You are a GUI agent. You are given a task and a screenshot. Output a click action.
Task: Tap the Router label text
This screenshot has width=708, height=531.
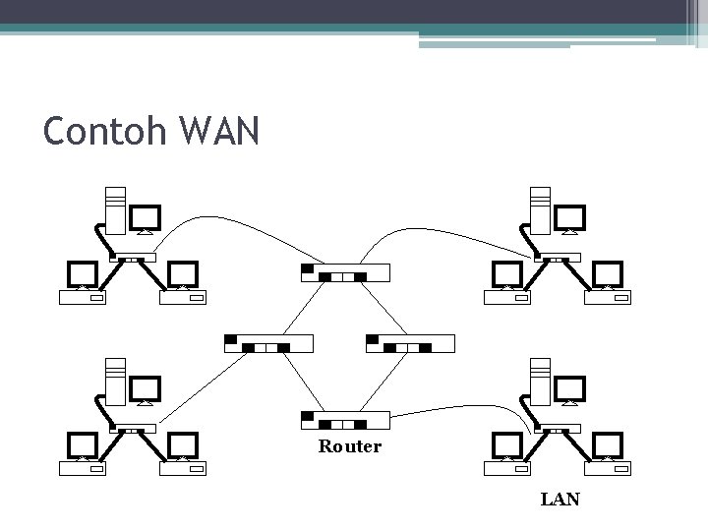349,446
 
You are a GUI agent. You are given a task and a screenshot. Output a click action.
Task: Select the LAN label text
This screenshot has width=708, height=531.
560,500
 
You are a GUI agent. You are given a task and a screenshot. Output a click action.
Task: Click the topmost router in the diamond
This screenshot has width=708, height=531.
344,272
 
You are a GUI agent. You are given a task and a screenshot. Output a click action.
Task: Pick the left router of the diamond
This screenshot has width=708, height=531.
268,343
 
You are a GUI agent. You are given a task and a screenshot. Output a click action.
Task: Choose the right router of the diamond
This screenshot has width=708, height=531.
410,343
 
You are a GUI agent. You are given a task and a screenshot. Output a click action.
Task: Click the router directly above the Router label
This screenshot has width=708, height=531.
344,421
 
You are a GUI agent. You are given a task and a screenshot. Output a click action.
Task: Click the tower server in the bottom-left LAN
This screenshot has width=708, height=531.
114,382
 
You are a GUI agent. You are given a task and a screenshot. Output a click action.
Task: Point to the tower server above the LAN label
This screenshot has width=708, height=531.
539,382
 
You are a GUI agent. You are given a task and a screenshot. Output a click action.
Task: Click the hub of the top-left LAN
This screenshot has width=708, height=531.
133,260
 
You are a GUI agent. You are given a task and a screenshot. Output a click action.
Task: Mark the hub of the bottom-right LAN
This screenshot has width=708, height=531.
557,430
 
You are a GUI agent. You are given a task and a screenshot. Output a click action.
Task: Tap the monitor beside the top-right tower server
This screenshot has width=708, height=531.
570,219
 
